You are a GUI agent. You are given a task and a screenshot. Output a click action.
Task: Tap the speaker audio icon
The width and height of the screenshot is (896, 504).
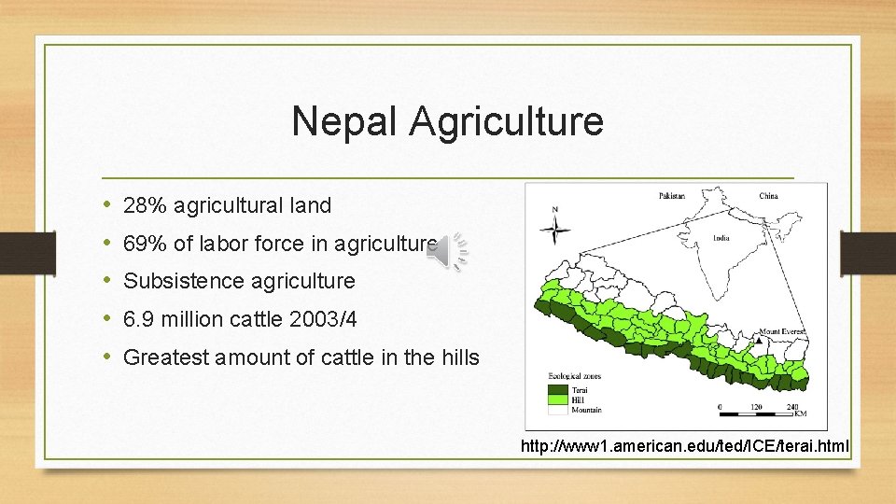coord(448,249)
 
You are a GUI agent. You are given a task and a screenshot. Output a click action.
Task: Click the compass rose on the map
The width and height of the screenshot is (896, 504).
coord(555,227)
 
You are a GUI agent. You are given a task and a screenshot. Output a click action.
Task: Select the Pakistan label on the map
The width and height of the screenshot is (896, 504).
coord(671,196)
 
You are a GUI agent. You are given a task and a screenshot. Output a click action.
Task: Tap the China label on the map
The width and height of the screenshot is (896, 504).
coord(768,196)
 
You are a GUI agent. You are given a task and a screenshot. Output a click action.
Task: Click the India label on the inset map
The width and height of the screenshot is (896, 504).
coord(721,237)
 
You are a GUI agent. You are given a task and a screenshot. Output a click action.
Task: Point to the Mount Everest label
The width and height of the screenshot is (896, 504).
coord(780,331)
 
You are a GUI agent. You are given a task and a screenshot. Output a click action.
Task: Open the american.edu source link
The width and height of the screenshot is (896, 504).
coord(685,447)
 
